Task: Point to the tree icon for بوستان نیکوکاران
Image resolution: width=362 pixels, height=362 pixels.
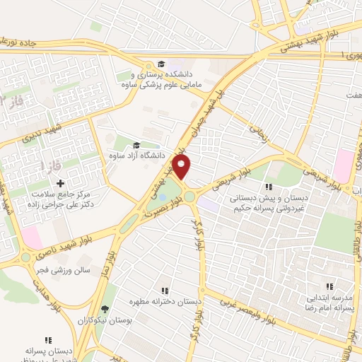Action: (x=105, y=309)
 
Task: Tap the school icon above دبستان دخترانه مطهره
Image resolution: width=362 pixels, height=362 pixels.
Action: (x=164, y=291)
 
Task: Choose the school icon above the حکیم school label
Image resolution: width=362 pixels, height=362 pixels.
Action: (x=269, y=187)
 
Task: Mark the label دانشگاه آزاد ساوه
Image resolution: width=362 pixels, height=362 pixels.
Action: (x=141, y=154)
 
